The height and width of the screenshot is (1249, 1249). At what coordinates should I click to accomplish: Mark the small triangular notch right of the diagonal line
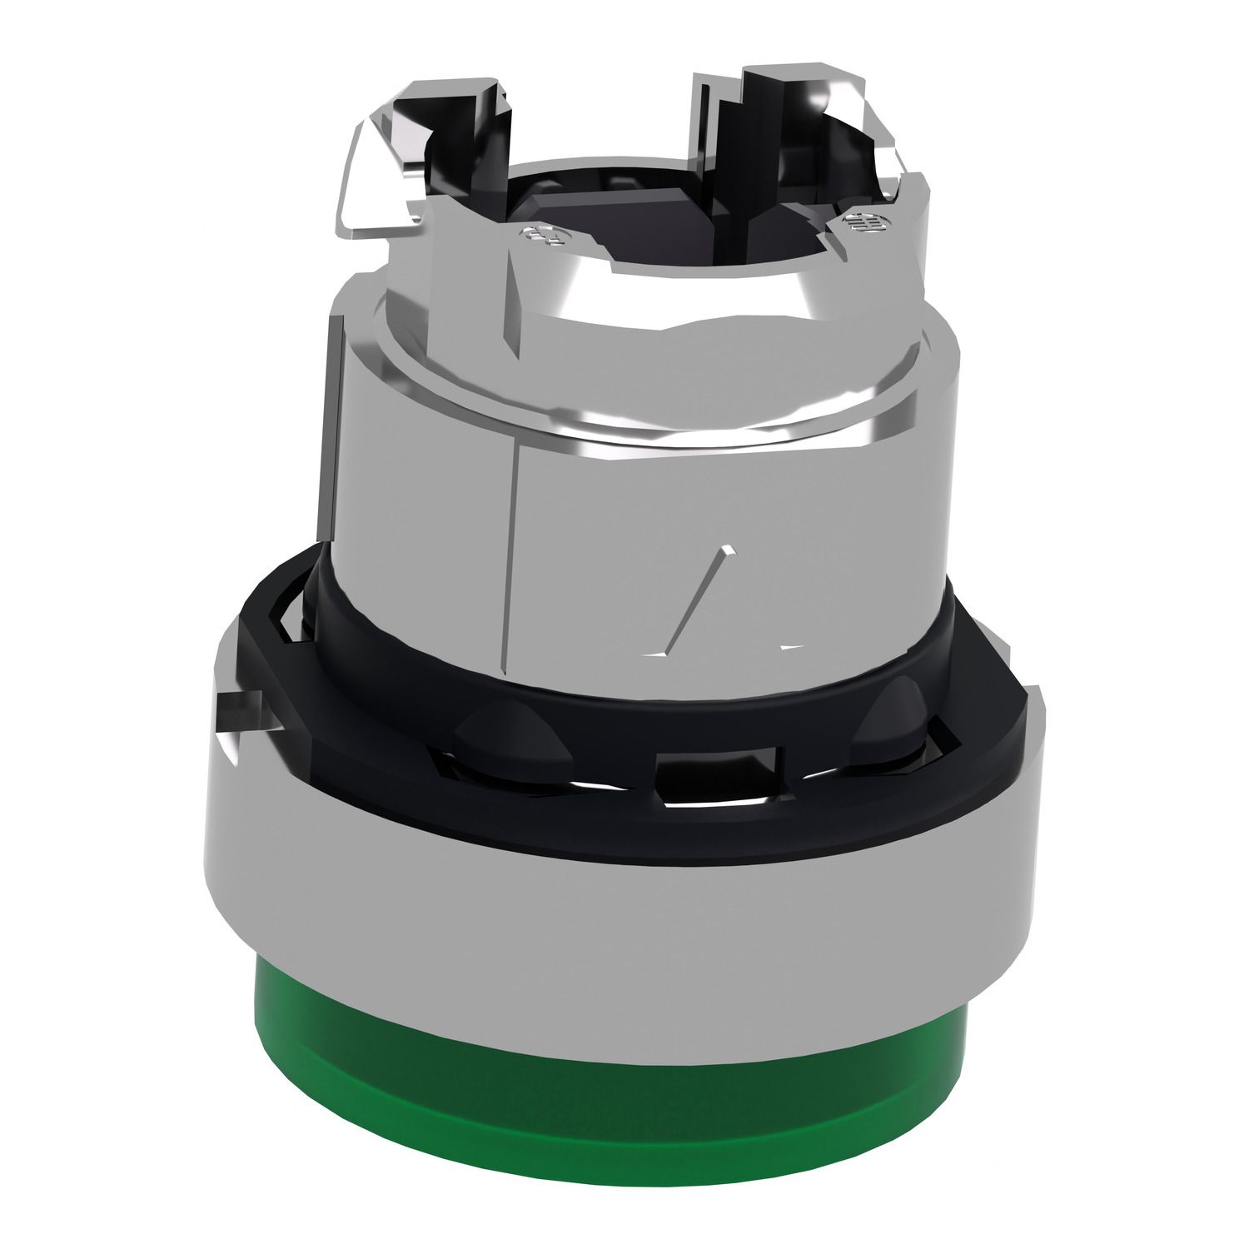791,646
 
